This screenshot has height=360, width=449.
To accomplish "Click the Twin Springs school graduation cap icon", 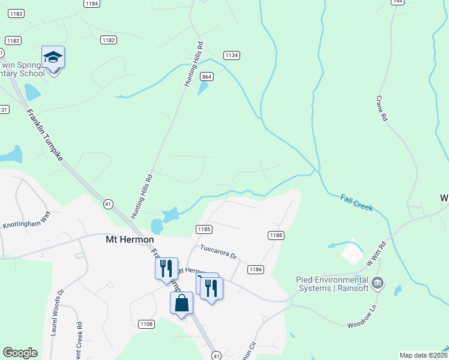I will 53,57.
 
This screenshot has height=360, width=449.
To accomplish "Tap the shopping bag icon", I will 182,304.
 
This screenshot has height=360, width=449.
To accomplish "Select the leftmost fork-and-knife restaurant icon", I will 166,268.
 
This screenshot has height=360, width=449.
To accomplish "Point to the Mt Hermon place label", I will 125,239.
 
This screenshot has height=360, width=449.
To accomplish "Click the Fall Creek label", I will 357,203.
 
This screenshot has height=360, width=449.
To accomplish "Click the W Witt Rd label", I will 378,253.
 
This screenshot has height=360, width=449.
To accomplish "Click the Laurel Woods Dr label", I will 57,313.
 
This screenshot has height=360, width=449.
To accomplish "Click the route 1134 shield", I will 232,55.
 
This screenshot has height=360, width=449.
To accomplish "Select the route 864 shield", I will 207,77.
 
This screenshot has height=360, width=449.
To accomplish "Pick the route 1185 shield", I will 203,229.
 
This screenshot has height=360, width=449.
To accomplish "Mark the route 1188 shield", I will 276,235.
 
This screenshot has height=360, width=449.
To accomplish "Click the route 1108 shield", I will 146,324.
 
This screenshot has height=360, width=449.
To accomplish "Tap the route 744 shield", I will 397,2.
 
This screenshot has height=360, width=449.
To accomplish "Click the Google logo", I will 20,353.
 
